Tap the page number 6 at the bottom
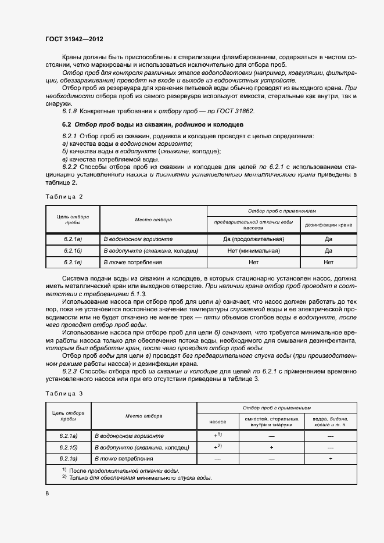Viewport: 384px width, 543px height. coord(47,493)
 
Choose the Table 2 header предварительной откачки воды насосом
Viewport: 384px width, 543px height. coord(253,225)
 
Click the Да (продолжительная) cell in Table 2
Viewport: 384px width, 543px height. coord(253,239)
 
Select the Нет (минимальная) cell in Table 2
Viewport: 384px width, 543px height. coord(253,251)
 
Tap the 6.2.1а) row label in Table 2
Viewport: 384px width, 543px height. coord(73,239)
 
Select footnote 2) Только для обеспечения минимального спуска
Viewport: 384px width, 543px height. coord(137,478)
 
